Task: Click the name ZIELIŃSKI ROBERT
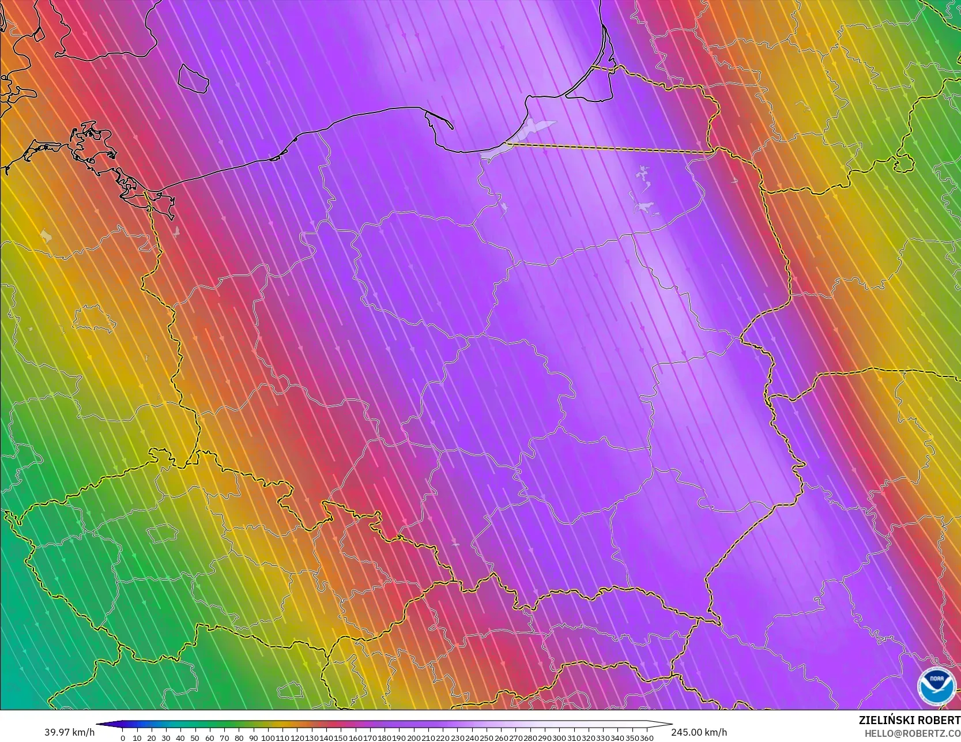point(909,720)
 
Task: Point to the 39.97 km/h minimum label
point(69,732)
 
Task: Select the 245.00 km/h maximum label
point(699,732)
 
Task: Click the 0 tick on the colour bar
point(122,738)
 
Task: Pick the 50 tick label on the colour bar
point(195,738)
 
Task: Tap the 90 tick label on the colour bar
point(253,738)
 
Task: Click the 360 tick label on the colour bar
point(646,738)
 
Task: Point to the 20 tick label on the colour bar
point(151,738)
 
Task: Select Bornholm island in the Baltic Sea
point(193,78)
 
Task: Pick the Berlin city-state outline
point(93,319)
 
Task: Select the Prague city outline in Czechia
point(161,533)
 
